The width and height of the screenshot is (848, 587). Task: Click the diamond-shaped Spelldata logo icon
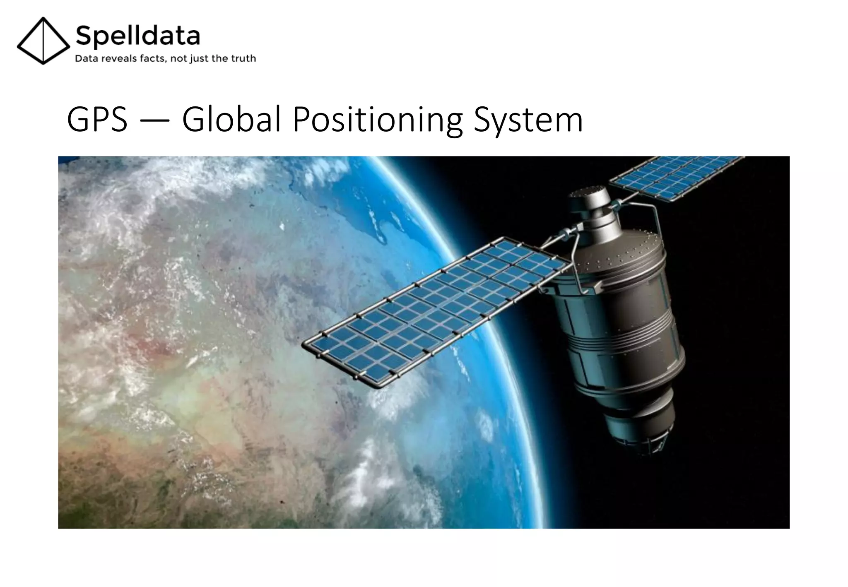pos(43,41)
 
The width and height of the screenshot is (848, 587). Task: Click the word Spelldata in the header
pos(138,35)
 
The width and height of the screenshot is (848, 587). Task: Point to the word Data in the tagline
pos(86,59)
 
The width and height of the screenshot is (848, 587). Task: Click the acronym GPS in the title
pos(97,120)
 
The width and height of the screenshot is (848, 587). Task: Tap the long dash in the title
pos(154,120)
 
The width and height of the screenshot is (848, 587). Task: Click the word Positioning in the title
pos(377,120)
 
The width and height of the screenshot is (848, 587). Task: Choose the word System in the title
pos(528,120)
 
